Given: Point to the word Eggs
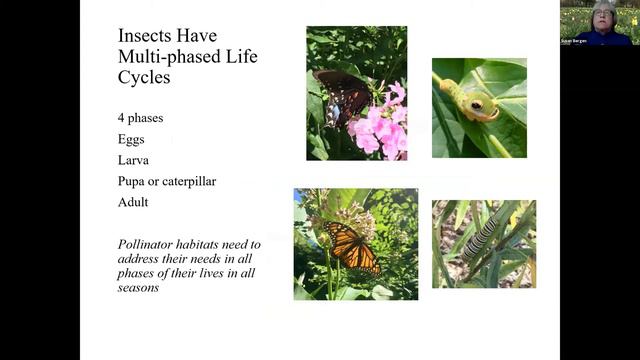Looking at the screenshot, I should [x=131, y=140].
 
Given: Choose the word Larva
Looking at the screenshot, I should [x=134, y=160].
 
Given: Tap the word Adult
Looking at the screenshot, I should [x=133, y=201].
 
